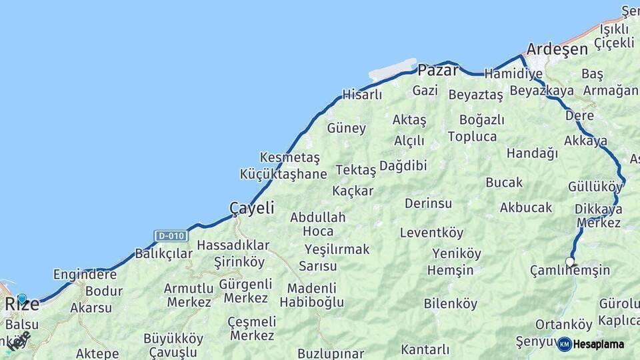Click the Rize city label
23,305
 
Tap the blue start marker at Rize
22,299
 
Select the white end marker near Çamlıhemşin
569,261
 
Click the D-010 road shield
170,236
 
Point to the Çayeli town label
251,208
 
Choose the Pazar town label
438,70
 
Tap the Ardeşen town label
557,49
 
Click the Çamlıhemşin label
569,270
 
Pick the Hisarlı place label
362,95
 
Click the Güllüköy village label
595,186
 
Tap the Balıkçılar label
163,253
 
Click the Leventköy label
431,233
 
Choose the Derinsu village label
428,203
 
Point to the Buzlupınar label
331,353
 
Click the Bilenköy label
451,304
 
